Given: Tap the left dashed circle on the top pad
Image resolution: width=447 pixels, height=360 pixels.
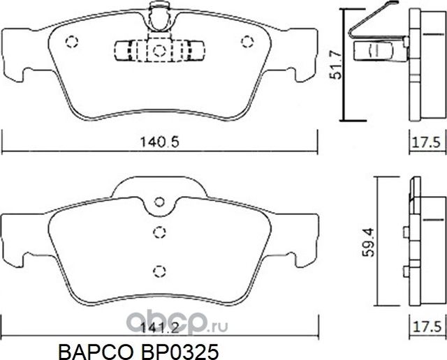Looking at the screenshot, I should click(71, 43).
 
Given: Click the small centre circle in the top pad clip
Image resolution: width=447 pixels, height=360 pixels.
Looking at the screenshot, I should click(158, 50).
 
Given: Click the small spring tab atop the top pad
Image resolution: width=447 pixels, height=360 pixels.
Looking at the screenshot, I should click(158, 12).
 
